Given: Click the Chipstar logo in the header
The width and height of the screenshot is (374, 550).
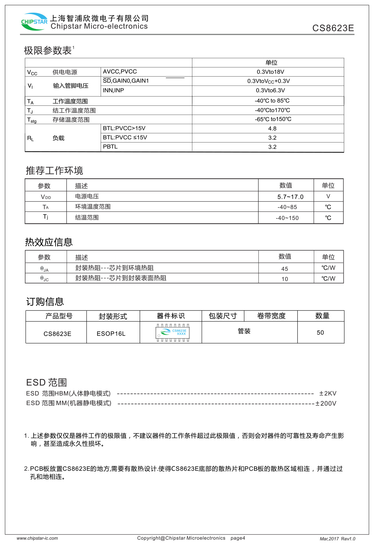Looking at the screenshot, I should [34, 22].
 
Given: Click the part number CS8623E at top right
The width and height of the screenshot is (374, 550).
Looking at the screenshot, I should [333, 28].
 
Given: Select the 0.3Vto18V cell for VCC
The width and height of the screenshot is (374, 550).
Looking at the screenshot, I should [270, 72].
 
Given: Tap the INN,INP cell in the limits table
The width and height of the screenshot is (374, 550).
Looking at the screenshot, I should [113, 91].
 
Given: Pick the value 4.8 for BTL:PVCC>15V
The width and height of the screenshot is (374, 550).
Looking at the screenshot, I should [272, 128].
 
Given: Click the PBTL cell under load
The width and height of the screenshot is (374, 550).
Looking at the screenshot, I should [110, 147].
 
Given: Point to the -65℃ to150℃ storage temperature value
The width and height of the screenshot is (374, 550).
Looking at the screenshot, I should [273, 119].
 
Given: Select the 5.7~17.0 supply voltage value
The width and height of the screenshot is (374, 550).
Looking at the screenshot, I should [290, 197].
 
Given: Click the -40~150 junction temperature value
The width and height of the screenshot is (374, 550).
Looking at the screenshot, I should [287, 218].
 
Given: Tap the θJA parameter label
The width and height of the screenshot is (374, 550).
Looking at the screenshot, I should [45, 269].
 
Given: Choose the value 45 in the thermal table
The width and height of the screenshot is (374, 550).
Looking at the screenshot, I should [285, 269].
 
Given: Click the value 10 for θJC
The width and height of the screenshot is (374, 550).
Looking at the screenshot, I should [285, 279].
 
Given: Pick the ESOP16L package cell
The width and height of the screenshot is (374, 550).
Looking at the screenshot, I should [111, 334].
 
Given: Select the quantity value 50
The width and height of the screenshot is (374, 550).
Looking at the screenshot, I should [320, 333].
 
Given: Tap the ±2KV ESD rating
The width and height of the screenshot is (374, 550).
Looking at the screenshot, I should [328, 394].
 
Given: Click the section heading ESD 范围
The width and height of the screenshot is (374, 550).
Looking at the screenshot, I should [46, 382].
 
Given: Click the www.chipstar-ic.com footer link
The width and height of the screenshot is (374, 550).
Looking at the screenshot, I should [37, 538].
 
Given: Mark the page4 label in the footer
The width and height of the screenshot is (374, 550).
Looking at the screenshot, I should [238, 538].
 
